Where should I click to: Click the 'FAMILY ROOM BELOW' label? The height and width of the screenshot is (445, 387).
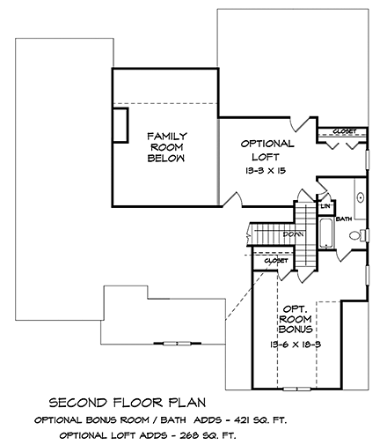coord(166,147)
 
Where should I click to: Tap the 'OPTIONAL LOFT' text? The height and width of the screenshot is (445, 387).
coord(267,150)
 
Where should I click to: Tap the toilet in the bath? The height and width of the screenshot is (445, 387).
coord(355,235)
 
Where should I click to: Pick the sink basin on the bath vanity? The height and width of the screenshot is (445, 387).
coord(360,197)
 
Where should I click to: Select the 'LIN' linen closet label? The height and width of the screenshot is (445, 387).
coord(325,206)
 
